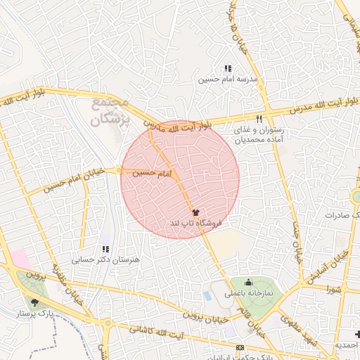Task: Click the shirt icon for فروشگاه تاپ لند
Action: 195,211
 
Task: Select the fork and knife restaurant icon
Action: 259,119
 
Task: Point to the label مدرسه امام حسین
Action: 228,79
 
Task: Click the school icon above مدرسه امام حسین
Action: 227,68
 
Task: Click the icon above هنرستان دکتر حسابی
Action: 105,249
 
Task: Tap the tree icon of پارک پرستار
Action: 34,302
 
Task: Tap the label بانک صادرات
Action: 342,213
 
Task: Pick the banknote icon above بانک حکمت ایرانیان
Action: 241,348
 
